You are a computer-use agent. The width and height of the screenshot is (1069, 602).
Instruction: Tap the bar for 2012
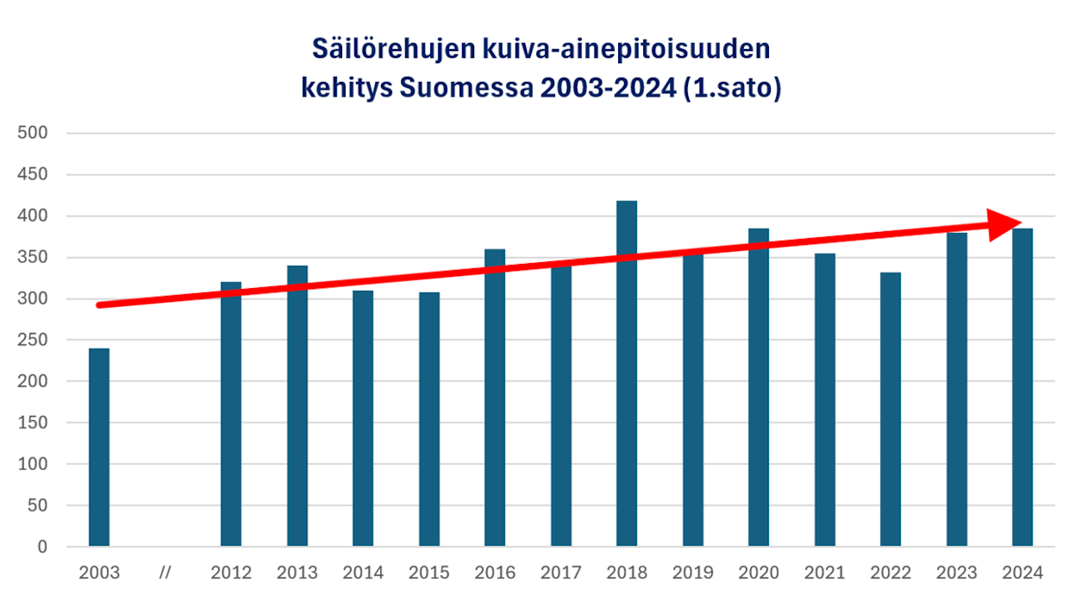[x=231, y=414]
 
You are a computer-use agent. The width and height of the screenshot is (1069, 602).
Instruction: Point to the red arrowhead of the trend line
[x=1004, y=224]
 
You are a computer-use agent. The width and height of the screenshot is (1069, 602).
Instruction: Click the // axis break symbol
[x=166, y=573]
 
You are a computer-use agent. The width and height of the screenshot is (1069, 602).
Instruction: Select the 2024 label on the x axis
[x=1022, y=573]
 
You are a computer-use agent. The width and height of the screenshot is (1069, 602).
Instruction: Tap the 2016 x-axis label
[x=495, y=573]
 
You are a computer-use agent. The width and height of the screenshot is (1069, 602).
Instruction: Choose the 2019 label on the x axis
[x=693, y=573]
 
